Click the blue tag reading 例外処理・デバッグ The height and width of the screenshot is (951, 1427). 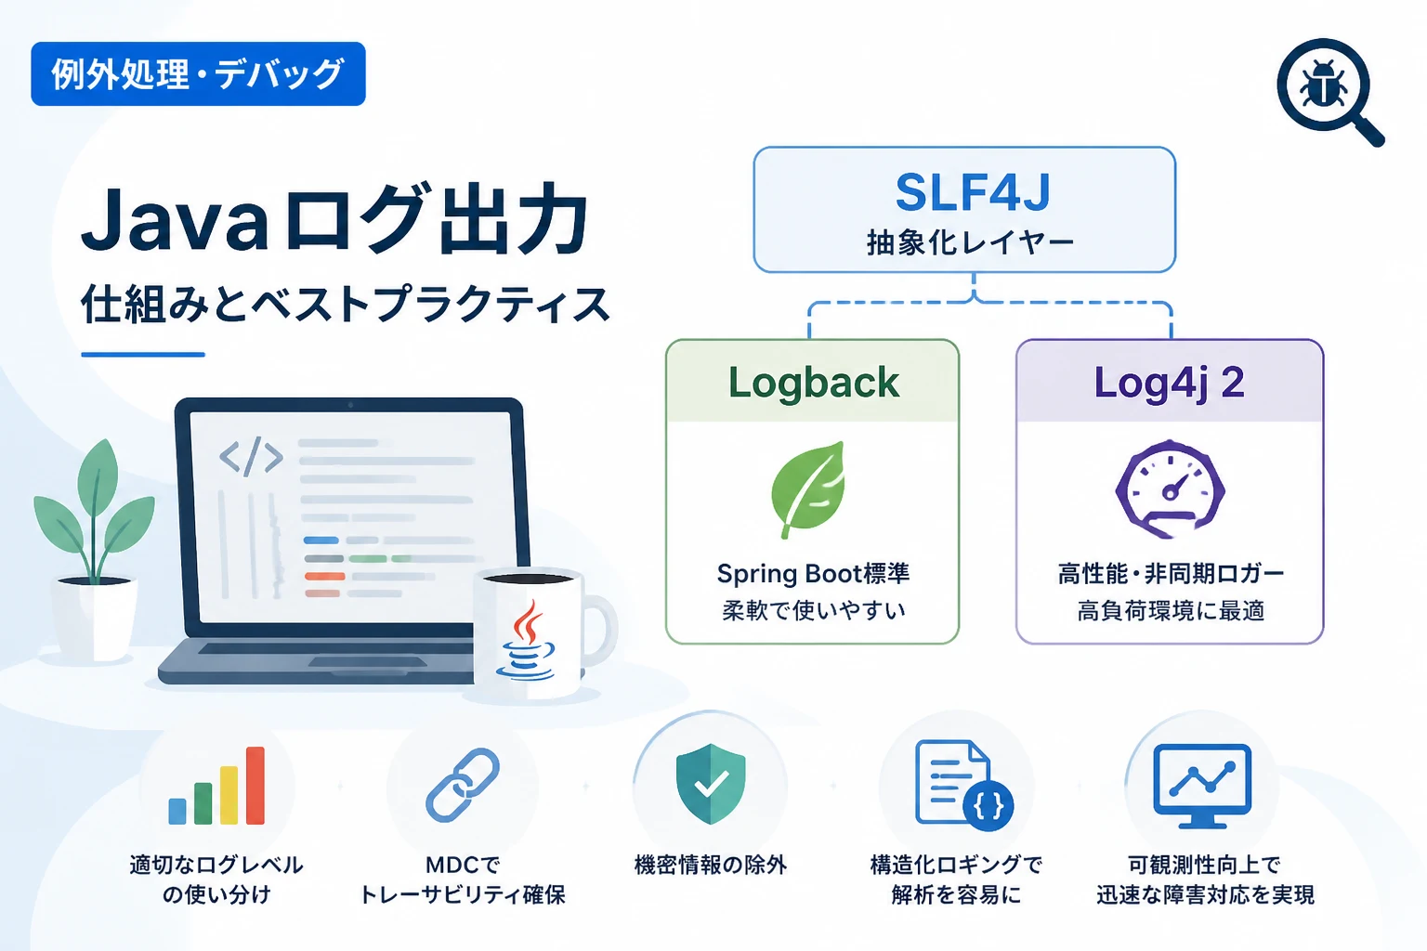198,74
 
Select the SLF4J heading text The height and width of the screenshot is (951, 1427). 972,191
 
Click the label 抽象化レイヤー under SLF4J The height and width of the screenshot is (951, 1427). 970,242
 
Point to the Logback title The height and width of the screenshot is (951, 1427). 814,383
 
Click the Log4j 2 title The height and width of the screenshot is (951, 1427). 1169,383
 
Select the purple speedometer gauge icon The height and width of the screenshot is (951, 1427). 1171,489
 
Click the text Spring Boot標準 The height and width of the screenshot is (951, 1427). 813,574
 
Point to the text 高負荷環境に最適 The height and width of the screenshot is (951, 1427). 1171,611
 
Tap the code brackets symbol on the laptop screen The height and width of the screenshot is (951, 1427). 251,456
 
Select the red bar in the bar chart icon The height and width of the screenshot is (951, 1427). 255,786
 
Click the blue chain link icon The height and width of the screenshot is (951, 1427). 463,785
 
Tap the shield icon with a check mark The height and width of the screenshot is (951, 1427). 711,784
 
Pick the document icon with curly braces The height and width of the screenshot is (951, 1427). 963,786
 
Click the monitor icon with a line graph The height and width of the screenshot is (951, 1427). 1202,786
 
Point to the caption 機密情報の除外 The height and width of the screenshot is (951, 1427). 711,865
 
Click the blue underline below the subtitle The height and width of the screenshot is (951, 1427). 143,354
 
